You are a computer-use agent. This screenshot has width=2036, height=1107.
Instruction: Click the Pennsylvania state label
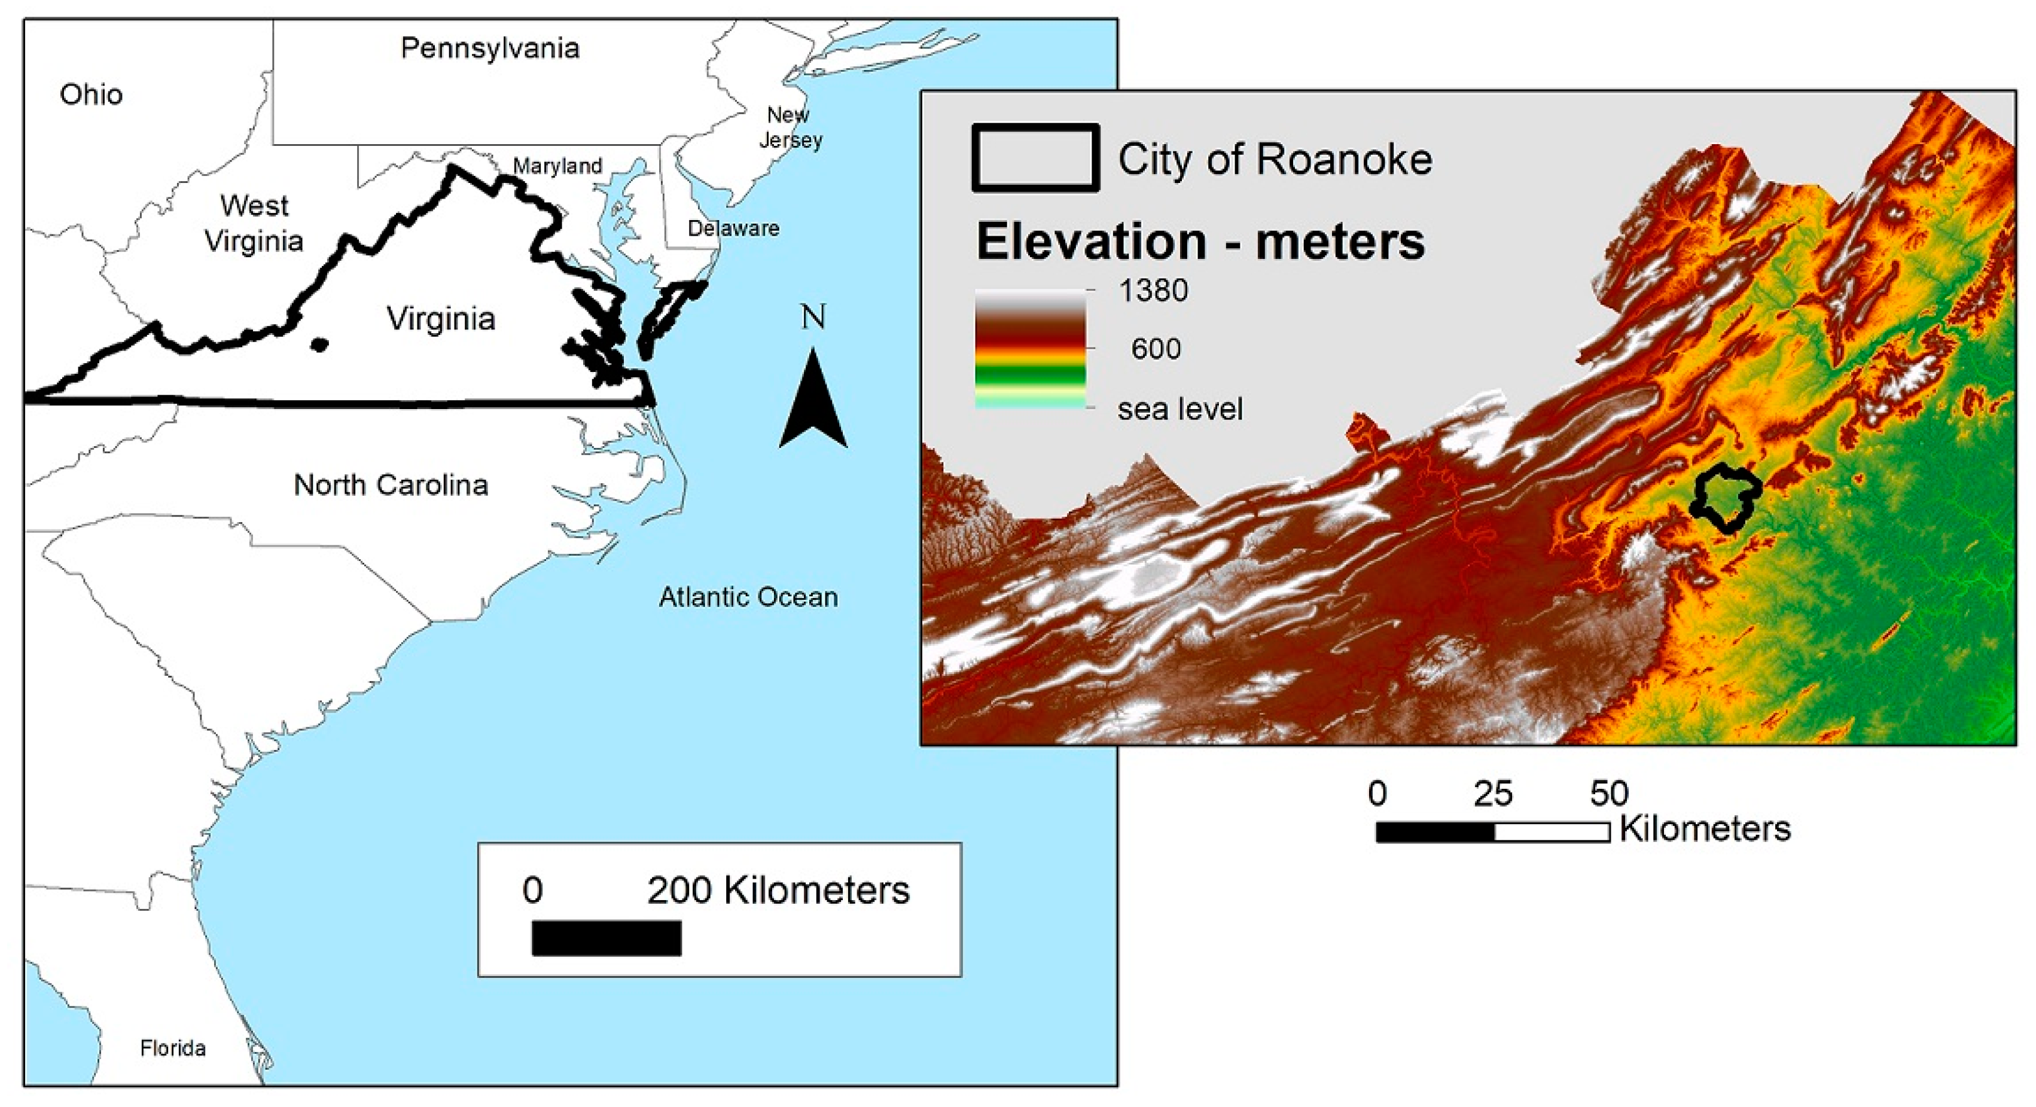click(490, 48)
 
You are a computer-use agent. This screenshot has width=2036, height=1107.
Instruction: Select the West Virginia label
click(254, 223)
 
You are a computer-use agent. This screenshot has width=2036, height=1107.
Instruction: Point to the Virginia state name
click(440, 318)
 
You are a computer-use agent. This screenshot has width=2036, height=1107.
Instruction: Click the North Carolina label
click(391, 484)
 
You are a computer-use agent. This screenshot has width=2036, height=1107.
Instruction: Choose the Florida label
click(172, 1048)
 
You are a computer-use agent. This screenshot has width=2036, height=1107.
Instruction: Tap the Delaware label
click(733, 228)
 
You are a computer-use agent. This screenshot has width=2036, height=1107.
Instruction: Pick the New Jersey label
click(790, 127)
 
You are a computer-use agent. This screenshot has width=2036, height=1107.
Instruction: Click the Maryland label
click(557, 166)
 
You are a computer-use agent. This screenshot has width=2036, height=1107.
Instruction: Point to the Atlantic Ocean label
click(748, 597)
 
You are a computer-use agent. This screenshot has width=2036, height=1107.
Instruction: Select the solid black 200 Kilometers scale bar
click(606, 938)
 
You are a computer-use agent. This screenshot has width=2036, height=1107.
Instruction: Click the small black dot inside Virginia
click(319, 344)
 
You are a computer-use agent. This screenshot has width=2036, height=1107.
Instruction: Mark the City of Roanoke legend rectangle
click(1035, 158)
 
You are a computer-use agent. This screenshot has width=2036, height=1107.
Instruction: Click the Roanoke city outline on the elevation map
click(1726, 498)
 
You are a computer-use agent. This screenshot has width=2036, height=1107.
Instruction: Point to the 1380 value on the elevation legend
click(1153, 291)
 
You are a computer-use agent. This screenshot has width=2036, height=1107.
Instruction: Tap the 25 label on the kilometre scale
click(1492, 793)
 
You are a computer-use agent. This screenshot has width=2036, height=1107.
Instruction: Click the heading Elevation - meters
click(1200, 241)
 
